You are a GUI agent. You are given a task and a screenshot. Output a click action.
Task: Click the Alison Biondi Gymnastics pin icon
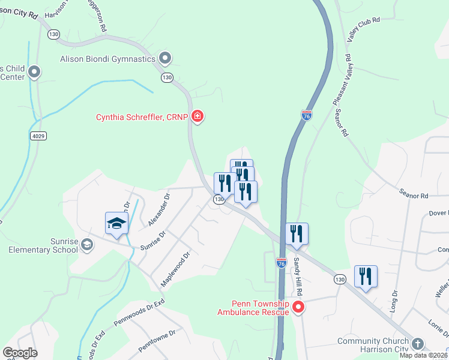point(166,59)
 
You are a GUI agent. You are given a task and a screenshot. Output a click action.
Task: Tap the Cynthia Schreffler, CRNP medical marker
point(197,117)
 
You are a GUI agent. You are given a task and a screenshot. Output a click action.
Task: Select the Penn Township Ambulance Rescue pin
point(298,308)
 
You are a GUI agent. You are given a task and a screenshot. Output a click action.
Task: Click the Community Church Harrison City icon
point(418,344)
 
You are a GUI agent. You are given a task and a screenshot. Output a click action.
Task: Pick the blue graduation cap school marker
point(116,224)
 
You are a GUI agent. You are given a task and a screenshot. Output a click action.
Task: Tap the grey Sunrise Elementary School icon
point(88,244)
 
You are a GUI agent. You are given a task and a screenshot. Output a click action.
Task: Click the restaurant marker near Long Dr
point(366,277)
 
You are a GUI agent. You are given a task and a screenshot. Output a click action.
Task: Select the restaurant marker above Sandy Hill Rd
point(297,234)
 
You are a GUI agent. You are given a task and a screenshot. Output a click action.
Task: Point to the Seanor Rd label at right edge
point(415,196)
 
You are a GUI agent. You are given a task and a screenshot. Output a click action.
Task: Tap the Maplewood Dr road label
point(176,269)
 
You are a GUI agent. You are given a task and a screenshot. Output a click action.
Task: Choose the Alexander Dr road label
point(159,209)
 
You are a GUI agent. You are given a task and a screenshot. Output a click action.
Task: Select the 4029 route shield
point(37,136)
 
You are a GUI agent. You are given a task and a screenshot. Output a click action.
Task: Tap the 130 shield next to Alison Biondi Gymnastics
point(167,77)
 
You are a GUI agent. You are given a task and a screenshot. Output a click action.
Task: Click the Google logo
point(20,353)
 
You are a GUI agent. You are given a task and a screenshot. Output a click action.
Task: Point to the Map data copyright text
point(424,355)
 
